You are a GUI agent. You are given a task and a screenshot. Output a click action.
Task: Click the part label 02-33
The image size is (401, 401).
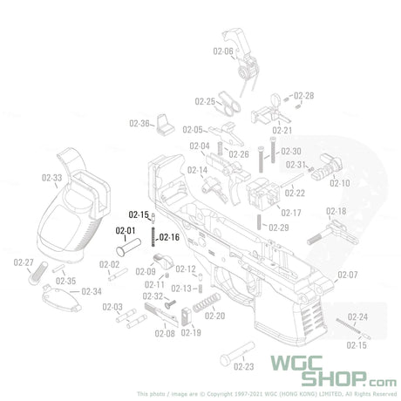coord(51,178)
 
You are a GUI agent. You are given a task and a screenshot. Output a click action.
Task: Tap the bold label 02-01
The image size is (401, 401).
coord(126,230)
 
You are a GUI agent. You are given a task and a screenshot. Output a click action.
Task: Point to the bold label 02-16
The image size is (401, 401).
coord(169,236)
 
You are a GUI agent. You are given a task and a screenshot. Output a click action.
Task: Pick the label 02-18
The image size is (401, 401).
coord(336,212)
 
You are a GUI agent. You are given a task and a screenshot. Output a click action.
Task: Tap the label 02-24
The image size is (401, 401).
coord(357,316)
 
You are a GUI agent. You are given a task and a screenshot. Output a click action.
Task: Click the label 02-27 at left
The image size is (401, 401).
coord(24,262)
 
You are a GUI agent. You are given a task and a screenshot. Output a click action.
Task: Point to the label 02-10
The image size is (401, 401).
coord(339,183)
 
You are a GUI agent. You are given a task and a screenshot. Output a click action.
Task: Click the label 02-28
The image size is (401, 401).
coord(303,95)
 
